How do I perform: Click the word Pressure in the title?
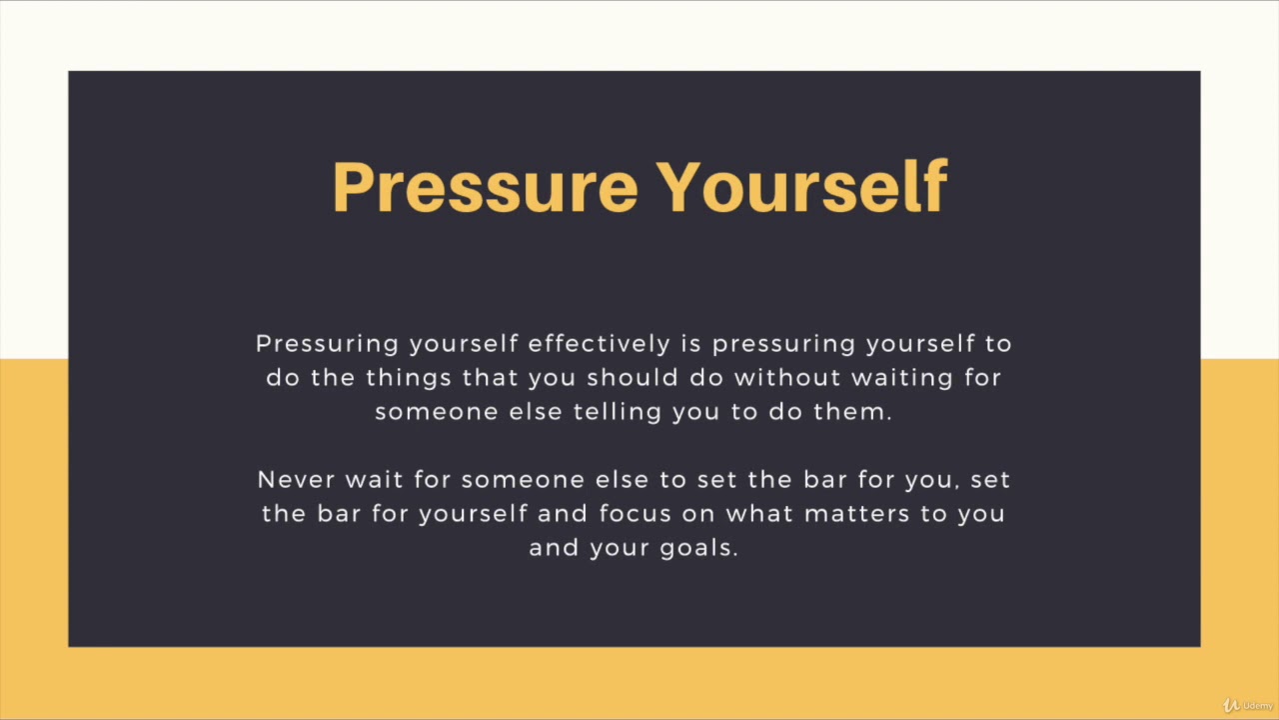[x=485, y=187]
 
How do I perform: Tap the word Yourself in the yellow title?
[x=801, y=187]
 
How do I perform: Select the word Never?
[x=297, y=480]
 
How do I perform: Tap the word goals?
[x=698, y=548]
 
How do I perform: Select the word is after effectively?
[x=691, y=344]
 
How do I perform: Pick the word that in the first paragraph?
[x=491, y=378]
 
